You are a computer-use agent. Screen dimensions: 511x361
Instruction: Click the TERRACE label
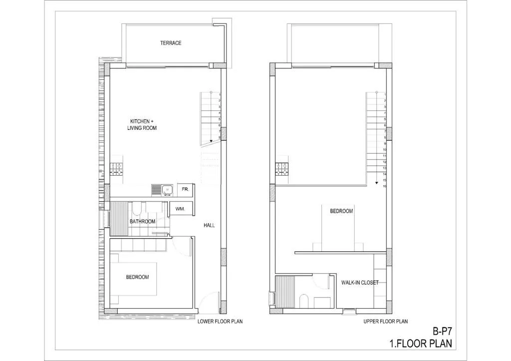171,43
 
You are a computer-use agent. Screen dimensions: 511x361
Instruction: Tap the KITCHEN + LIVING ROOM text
142,124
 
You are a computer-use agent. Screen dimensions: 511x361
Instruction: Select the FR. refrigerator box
186,190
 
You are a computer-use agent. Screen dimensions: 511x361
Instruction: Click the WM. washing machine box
180,209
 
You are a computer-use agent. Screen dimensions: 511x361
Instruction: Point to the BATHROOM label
142,221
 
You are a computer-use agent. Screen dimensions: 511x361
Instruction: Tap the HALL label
209,225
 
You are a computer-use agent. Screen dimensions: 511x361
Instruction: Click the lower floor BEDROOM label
138,277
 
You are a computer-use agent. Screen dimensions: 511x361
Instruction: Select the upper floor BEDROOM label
341,211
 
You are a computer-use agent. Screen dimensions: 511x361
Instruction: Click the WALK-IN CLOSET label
360,283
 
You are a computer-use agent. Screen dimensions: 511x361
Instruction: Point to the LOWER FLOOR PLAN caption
220,322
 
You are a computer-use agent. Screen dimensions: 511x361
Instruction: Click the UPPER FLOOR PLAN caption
386,322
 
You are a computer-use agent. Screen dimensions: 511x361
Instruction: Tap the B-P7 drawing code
442,332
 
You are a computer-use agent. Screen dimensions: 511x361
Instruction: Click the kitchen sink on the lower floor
167,190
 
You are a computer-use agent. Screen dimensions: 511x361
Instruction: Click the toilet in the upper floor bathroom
303,301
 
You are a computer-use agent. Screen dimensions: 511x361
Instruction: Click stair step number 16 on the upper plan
385,186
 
